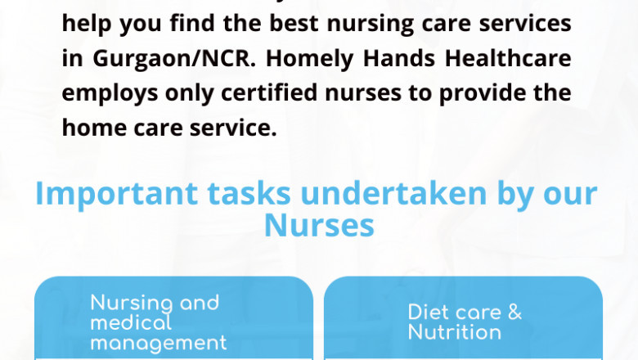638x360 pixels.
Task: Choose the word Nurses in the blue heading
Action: pyautogui.click(x=319, y=224)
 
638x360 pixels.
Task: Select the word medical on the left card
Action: pyautogui.click(x=131, y=322)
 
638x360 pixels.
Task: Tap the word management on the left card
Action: pyautogui.click(x=158, y=342)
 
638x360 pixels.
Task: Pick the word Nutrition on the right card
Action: pyautogui.click(x=455, y=332)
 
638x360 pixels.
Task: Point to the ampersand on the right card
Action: pyautogui.click(x=514, y=312)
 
